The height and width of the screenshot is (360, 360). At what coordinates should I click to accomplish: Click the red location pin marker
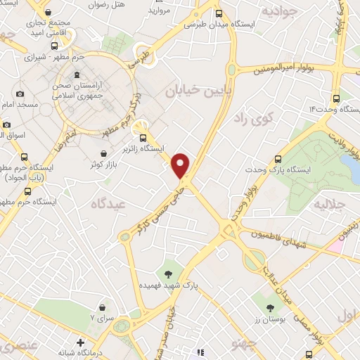181,165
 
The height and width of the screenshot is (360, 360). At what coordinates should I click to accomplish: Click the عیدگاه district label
105,204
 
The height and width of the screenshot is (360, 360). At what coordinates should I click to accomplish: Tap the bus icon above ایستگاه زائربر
144,138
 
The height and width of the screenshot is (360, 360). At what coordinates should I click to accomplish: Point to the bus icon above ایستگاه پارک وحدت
278,159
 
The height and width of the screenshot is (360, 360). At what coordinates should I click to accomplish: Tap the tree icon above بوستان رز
271,307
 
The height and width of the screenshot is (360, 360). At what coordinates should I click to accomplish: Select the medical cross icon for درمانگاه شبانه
82,343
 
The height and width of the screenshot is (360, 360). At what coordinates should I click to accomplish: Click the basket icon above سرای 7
103,308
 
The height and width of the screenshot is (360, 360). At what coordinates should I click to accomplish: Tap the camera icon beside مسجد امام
19,94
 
